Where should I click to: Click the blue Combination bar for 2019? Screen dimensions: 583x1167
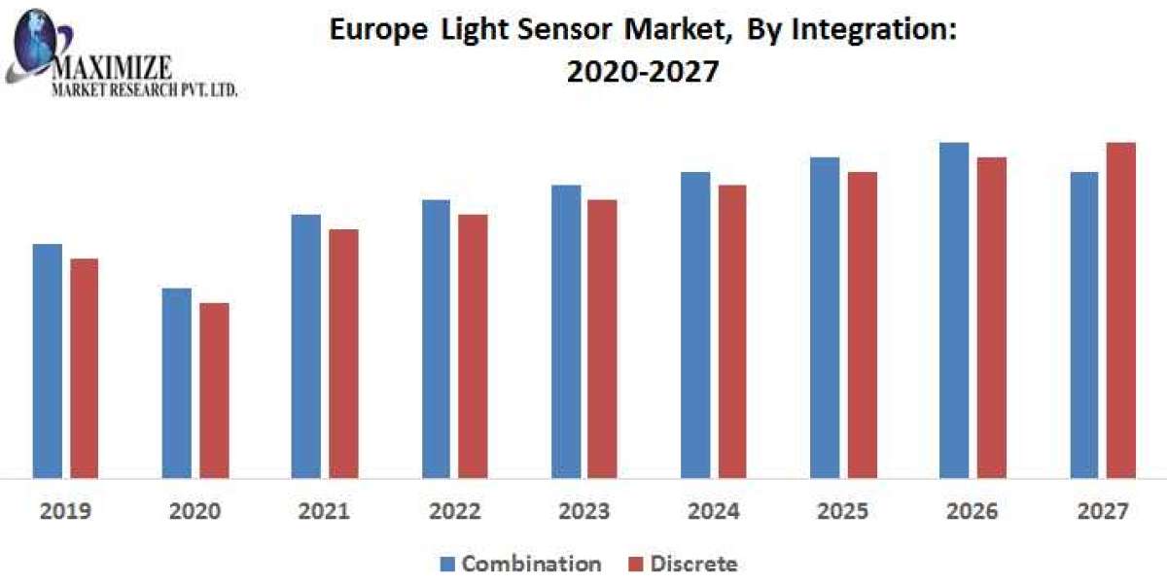click(x=47, y=360)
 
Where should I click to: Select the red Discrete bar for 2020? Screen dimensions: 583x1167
click(x=214, y=390)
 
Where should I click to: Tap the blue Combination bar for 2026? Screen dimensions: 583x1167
click(x=954, y=310)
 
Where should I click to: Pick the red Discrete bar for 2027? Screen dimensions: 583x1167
click(x=1121, y=310)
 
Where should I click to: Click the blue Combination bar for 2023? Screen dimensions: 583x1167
click(x=566, y=331)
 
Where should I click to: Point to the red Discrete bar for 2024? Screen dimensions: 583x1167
click(x=732, y=331)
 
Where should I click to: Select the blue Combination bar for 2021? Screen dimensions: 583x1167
click(x=306, y=346)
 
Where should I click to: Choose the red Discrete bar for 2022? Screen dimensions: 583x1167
click(x=474, y=346)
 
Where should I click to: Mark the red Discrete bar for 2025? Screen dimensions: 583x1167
click(x=862, y=325)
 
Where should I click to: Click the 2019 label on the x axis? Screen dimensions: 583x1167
click(x=65, y=511)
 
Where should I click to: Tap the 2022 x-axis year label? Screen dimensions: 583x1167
click(x=454, y=511)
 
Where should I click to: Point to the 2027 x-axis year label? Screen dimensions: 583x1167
click(x=1103, y=511)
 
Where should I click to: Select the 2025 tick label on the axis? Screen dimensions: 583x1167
click(x=843, y=511)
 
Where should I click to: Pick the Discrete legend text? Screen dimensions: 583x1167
click(x=693, y=564)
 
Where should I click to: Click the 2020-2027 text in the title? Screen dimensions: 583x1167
click(x=642, y=72)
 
